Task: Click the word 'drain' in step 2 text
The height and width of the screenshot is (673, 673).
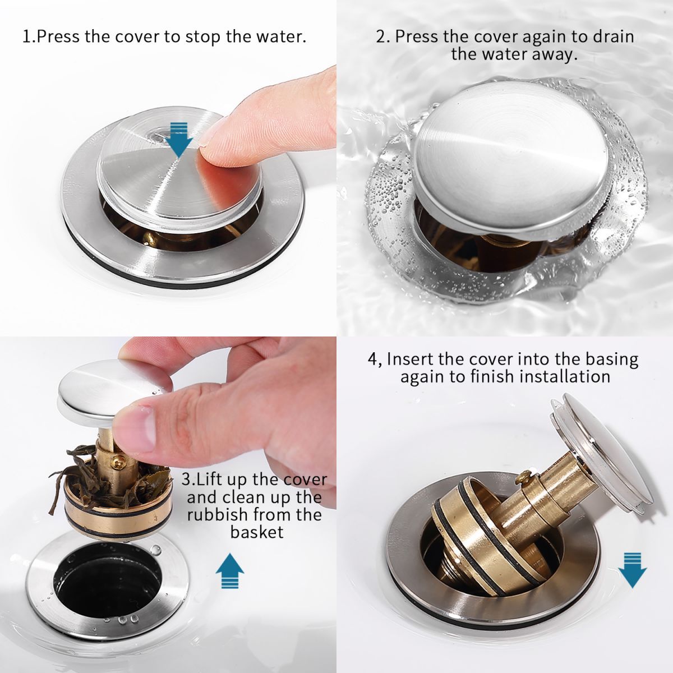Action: tap(611, 37)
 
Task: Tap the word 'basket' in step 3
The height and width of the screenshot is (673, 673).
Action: tap(257, 532)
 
